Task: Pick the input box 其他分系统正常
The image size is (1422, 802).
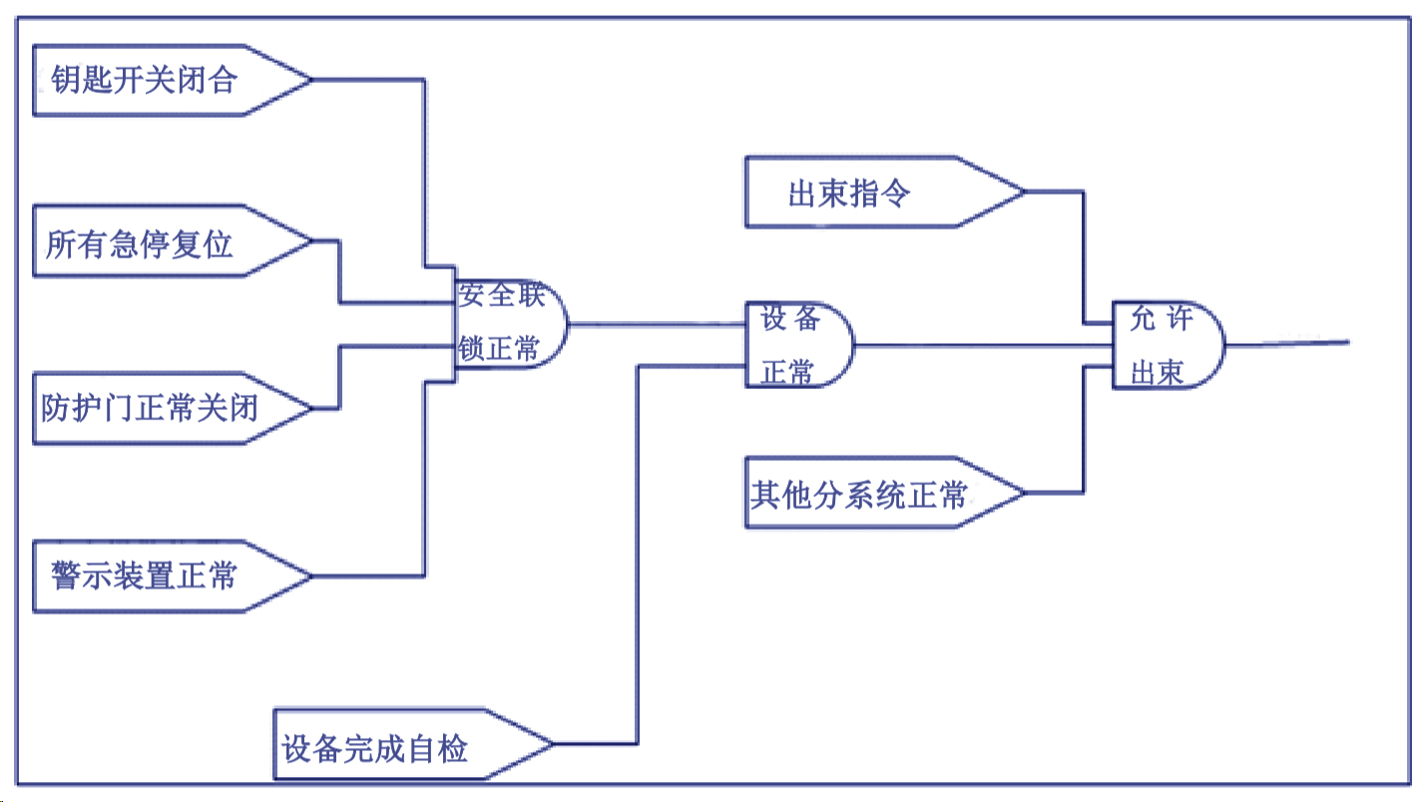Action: pyautogui.click(x=868, y=493)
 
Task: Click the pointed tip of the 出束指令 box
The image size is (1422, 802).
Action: pyautogui.click(x=1023, y=193)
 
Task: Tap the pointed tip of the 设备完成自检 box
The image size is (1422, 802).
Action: pyautogui.click(x=551, y=744)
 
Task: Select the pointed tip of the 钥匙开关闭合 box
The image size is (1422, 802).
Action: pyautogui.click(x=310, y=80)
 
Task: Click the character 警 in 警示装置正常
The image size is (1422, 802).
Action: pyautogui.click(x=66, y=576)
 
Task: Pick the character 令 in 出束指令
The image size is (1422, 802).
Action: pyautogui.click(x=897, y=194)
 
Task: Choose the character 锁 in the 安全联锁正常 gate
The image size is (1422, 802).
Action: pyautogui.click(x=472, y=349)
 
